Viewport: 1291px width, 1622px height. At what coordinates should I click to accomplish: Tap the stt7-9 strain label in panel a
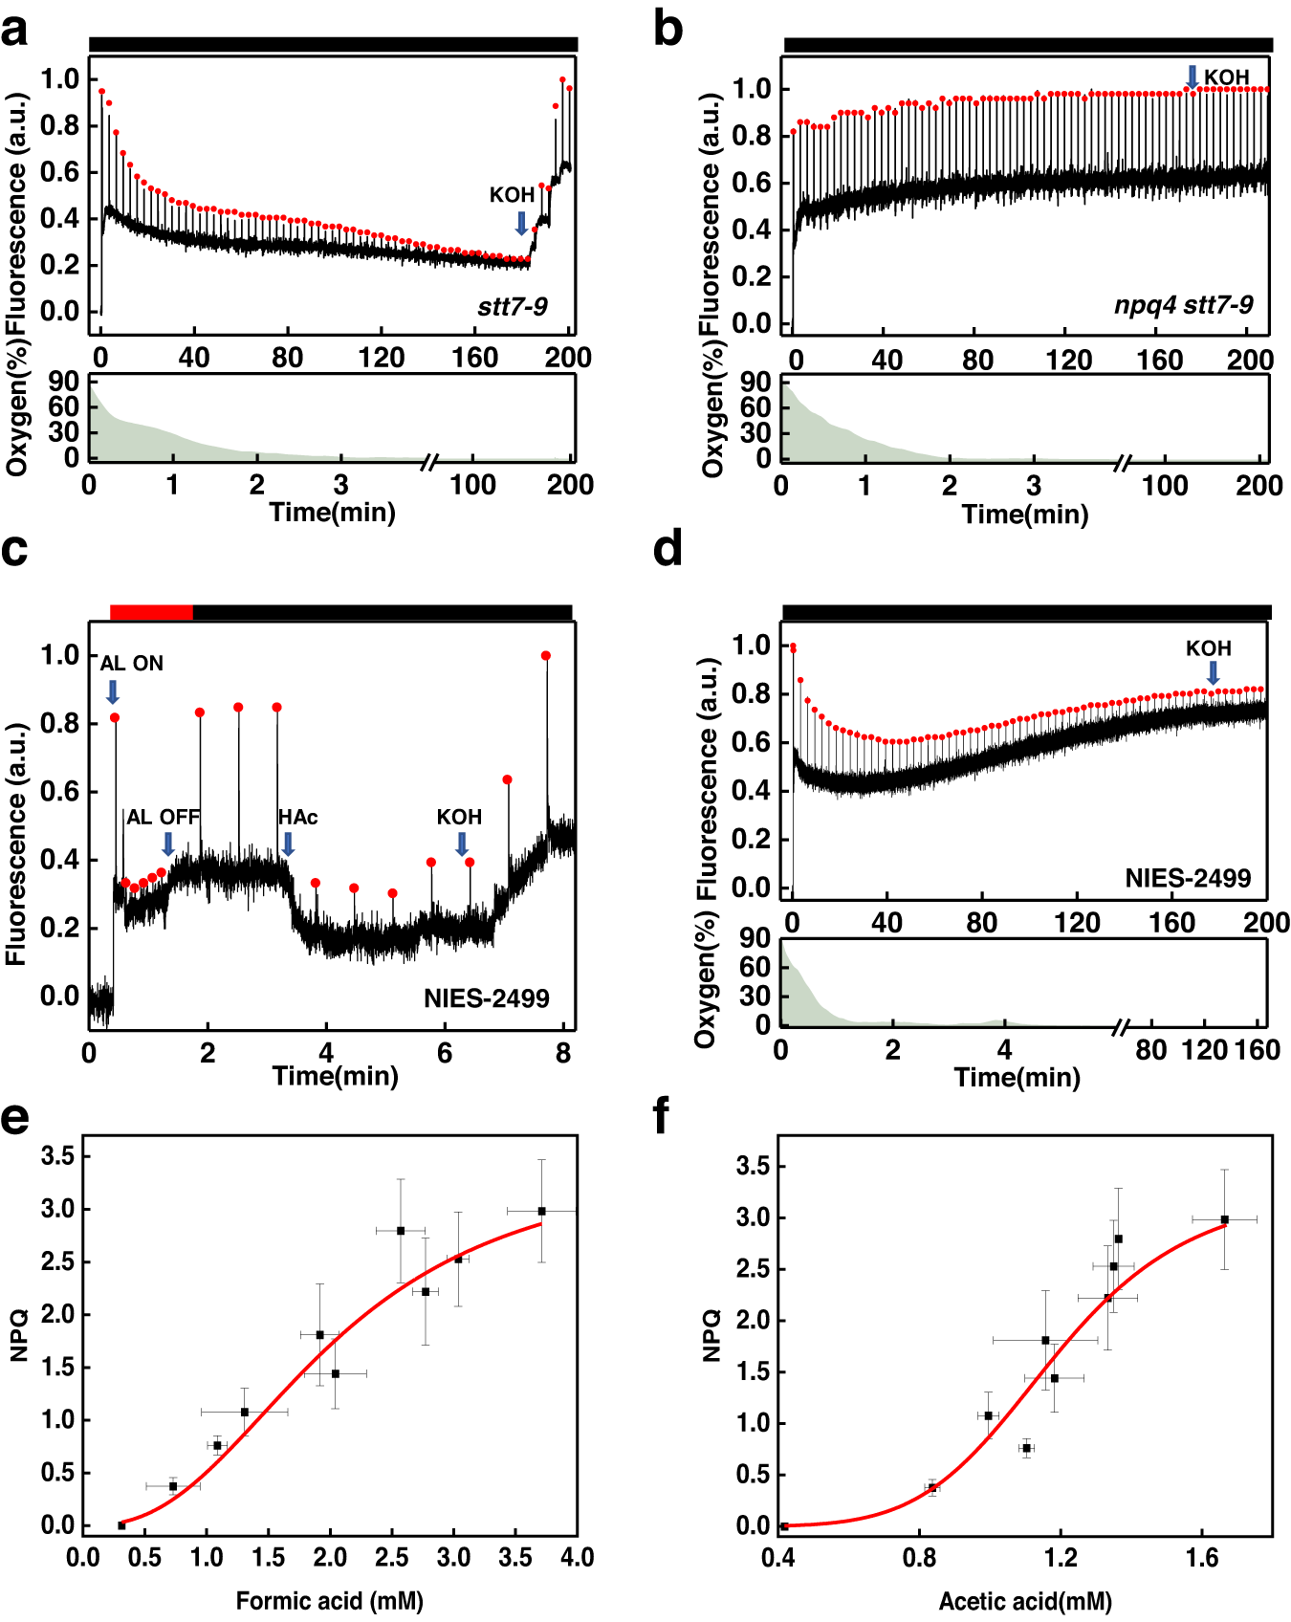click(x=513, y=306)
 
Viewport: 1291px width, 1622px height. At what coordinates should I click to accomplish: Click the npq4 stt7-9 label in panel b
click(x=1183, y=304)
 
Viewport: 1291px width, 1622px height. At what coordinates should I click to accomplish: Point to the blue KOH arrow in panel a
click(x=521, y=223)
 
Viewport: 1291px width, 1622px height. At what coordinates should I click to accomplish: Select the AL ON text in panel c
click(x=132, y=663)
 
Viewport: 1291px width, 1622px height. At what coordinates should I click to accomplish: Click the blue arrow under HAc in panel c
click(x=288, y=844)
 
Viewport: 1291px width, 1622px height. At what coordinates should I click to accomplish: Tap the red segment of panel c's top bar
click(x=151, y=612)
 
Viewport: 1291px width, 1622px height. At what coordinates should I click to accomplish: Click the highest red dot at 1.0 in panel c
click(x=546, y=656)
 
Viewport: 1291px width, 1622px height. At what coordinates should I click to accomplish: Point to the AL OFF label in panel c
click(x=164, y=817)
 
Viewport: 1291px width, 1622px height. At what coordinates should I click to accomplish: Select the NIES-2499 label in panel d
click(x=1188, y=878)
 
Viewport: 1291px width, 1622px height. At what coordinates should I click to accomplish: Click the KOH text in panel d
click(x=1209, y=648)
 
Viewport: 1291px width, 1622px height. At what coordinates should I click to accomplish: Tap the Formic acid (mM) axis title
click(x=329, y=1601)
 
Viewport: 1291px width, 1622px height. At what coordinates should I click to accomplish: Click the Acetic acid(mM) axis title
click(x=1025, y=1601)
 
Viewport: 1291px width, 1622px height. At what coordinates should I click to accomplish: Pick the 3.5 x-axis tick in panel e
click(x=515, y=1557)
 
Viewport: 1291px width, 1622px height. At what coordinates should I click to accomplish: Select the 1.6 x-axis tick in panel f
click(x=1202, y=1557)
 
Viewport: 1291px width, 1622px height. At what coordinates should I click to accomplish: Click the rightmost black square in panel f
click(x=1224, y=1219)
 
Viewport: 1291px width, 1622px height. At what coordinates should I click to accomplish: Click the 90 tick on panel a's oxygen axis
click(x=64, y=382)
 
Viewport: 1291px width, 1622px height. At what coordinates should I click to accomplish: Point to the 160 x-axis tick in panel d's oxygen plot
click(x=1257, y=1050)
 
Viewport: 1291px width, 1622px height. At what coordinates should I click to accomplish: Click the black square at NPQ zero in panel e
click(x=121, y=1525)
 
